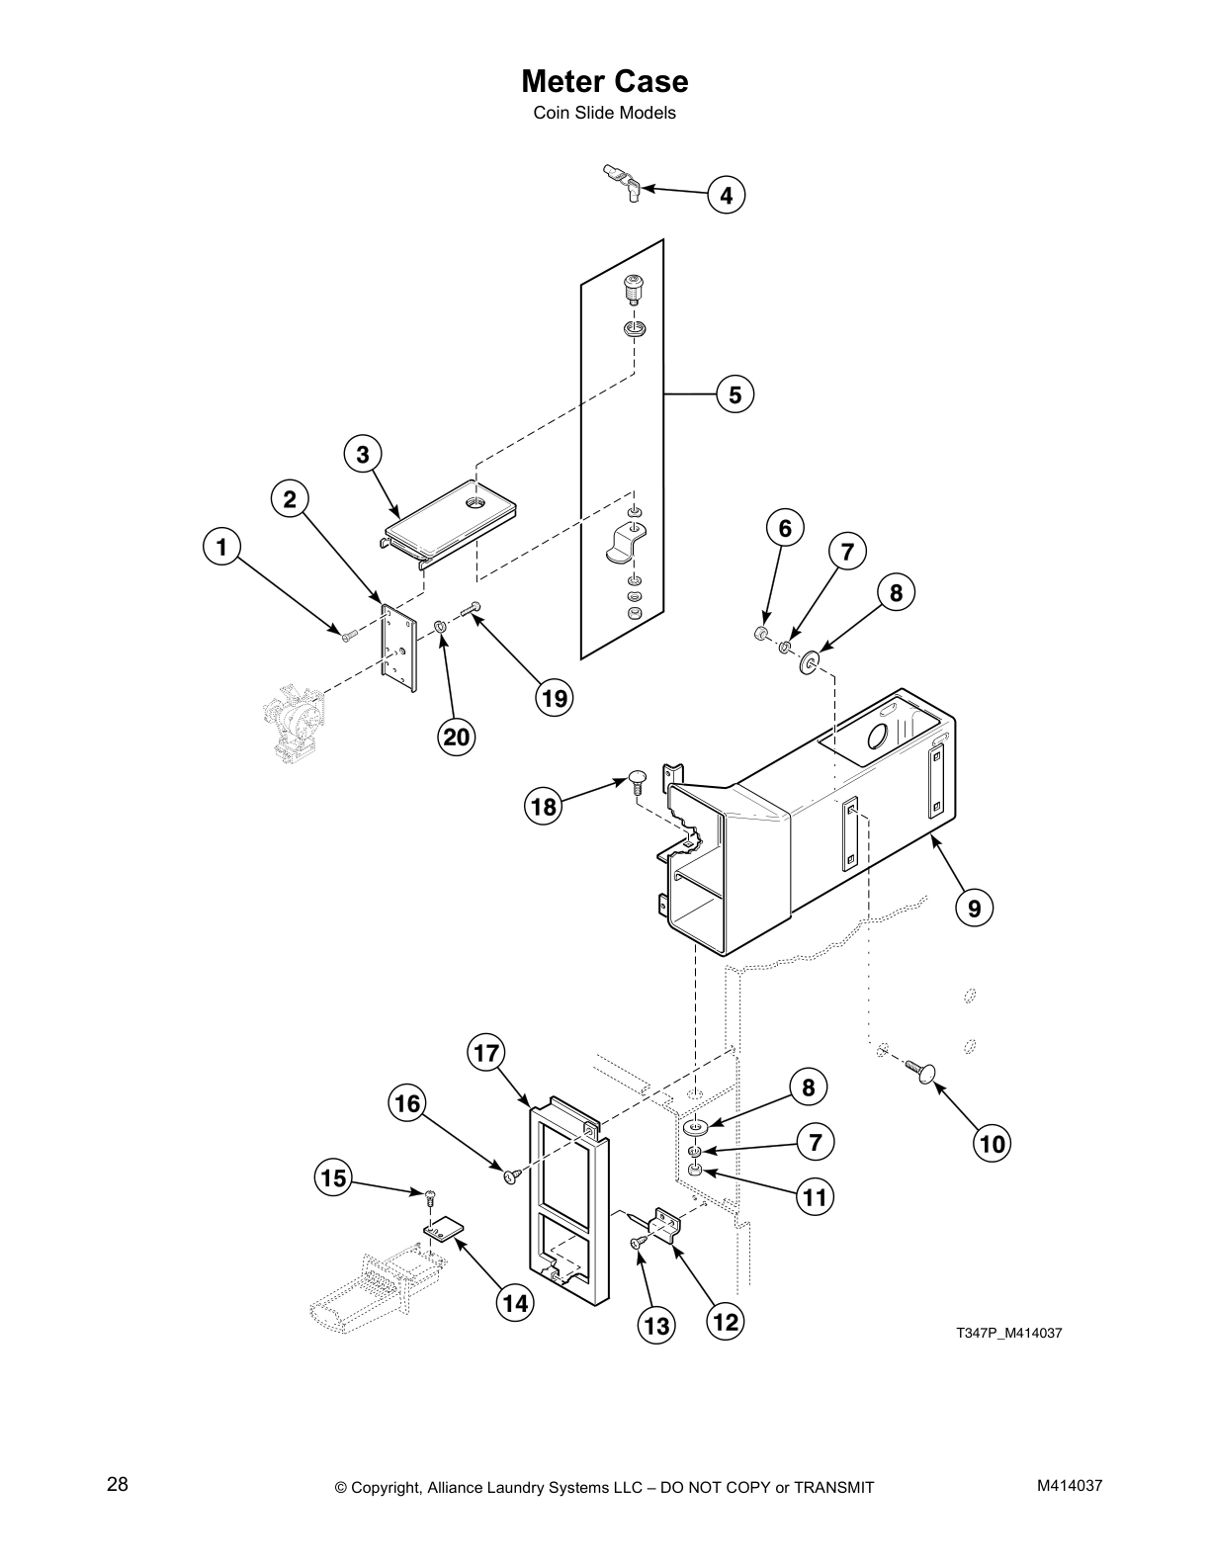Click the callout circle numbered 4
coord(726,196)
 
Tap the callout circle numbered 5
coord(735,394)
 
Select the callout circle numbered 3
coord(363,454)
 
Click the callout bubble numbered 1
coord(221,546)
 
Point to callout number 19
coord(555,698)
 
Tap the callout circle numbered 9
coord(974,907)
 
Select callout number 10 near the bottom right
coord(993,1144)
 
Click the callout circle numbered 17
coord(485,1053)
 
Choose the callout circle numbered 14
coord(514,1303)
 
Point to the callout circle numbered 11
coord(815,1197)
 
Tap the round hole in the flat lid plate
coord(476,504)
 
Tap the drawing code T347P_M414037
coord(1008,1333)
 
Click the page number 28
coord(118,1484)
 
